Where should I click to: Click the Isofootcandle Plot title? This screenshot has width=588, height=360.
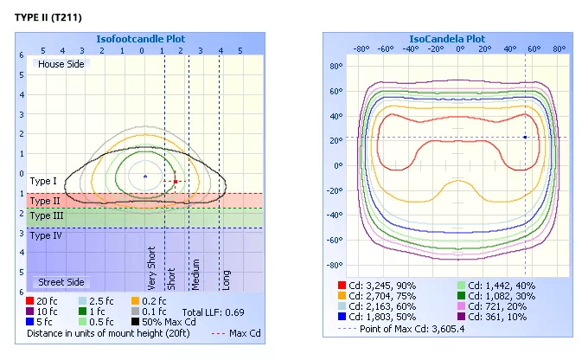pos(141,39)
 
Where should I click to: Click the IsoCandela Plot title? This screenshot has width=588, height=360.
pos(447,39)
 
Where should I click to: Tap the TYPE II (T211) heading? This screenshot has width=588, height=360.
pos(48,17)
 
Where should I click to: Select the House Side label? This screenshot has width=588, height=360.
pos(61,64)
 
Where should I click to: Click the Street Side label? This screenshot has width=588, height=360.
pos(61,282)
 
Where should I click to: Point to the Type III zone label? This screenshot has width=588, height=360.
pos(47,215)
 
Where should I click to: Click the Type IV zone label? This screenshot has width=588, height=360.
pos(46,235)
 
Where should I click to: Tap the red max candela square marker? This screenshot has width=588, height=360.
pos(176,182)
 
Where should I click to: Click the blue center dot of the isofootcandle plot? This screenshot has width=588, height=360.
pos(145,176)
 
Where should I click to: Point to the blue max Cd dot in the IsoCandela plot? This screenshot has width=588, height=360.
pos(525,138)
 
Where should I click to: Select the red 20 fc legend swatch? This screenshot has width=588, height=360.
pos(30,301)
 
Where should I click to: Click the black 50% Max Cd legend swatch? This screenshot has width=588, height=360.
pos(136,322)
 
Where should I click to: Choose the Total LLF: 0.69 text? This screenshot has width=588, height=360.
pos(213,312)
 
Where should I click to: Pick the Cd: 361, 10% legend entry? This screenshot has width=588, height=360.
pos(497,317)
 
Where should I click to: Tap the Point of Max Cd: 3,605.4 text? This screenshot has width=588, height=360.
pos(412,329)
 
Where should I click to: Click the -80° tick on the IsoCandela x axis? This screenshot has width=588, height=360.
pos(361,48)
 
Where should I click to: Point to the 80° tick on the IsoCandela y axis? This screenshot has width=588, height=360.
pos(336,67)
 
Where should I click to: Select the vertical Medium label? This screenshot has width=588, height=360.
pos(195,274)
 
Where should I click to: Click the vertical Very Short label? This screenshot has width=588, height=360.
pos(151,268)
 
